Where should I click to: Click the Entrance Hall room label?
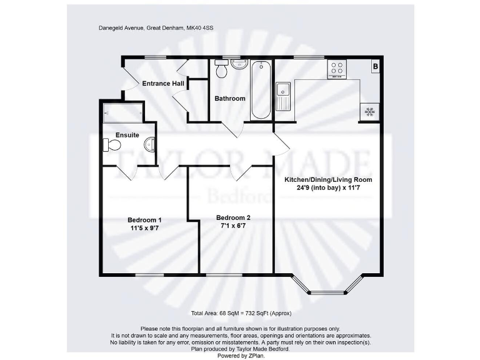coord(162,83)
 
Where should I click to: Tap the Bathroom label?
coord(230,99)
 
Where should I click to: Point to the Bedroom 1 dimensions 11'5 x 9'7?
coord(144,229)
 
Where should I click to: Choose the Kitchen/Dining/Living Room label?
coord(328,180)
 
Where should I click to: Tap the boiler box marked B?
coord(376,66)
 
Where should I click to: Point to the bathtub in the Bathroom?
coord(261,90)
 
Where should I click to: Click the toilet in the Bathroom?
coord(221,70)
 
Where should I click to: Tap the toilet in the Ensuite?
coord(112,145)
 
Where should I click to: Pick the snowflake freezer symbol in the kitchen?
coord(369,112)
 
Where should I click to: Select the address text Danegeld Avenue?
coord(121,27)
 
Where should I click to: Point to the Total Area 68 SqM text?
coord(241,313)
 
